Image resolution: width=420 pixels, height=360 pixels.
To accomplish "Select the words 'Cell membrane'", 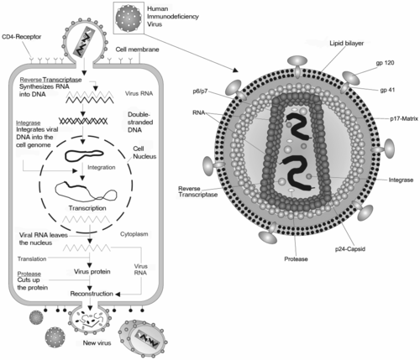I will point(139,50).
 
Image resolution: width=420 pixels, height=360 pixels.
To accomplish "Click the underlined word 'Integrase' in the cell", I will point(29,123).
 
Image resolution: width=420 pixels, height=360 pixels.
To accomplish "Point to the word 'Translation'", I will point(33,258).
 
